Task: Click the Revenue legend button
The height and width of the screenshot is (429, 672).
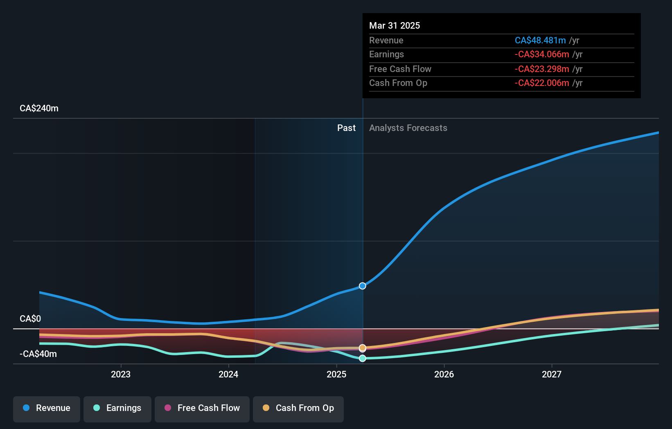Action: point(47,408)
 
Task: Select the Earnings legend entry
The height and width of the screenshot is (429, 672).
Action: point(117,408)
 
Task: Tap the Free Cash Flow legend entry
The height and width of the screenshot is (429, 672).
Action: point(202,408)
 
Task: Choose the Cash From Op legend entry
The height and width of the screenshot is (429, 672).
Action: point(298,408)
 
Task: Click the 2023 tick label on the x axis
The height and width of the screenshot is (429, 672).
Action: point(121,374)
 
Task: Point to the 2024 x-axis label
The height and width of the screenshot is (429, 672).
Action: point(228,374)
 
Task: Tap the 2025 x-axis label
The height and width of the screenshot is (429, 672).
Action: point(336,374)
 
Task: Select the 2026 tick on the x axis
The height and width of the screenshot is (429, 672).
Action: point(444,374)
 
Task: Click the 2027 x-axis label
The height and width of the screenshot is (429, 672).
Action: point(552,374)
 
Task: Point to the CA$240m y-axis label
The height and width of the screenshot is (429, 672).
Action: point(39,108)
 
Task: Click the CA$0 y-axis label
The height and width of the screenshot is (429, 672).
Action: point(30,319)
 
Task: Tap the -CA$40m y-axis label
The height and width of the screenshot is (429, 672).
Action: point(38,354)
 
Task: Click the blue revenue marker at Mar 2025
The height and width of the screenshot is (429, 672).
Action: point(363,286)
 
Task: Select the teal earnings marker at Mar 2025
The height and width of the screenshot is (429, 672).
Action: point(363,358)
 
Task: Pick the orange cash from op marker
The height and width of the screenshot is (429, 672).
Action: point(363,348)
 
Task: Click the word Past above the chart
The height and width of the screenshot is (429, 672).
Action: point(346,128)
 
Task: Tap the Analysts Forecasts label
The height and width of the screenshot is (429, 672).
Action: point(408,128)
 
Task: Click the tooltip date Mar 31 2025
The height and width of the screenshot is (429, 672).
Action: point(395,26)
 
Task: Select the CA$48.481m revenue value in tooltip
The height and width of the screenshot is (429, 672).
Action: point(540,41)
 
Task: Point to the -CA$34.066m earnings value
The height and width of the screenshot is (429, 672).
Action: point(542,54)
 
